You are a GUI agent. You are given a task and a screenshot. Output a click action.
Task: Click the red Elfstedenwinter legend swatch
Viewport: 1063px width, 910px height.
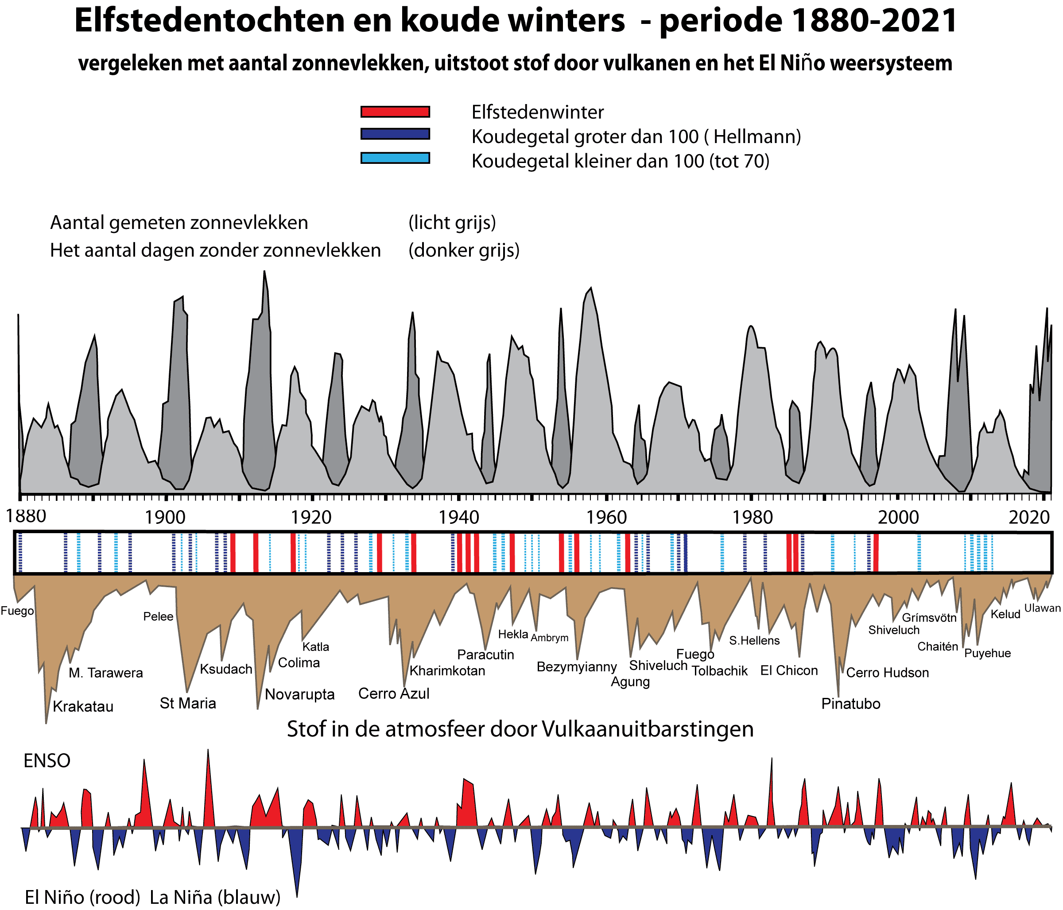395,112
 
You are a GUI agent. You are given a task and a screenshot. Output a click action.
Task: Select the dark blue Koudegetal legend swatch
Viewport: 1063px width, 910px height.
395,134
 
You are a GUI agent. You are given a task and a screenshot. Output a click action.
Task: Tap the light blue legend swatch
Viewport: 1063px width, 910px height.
395,158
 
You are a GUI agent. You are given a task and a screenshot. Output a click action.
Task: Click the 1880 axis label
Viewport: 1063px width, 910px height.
25,515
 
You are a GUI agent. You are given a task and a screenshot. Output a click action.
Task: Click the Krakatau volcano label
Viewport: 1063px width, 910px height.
83,706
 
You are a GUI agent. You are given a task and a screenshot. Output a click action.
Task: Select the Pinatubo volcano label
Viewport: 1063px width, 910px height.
850,703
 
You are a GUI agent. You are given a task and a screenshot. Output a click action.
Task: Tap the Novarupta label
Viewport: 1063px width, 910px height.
299,694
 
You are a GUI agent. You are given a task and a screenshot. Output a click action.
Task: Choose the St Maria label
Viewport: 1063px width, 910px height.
188,703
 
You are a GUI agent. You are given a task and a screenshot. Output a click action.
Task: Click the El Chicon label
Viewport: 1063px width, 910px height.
789,670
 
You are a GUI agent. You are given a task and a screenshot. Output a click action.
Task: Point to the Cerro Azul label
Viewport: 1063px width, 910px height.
393,693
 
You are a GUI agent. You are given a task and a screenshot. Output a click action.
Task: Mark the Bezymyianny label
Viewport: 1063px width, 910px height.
577,666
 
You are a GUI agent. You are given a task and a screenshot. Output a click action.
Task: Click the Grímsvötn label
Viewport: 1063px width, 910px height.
929,618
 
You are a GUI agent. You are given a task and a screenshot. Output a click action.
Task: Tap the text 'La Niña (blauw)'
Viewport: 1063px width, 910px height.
215,897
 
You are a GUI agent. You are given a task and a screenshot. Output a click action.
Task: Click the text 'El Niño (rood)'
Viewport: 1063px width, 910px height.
82,897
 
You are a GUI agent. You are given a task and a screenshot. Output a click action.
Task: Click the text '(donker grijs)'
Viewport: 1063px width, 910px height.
464,250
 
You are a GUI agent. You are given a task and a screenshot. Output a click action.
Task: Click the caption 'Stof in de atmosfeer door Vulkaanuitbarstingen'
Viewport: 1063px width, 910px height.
520,729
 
